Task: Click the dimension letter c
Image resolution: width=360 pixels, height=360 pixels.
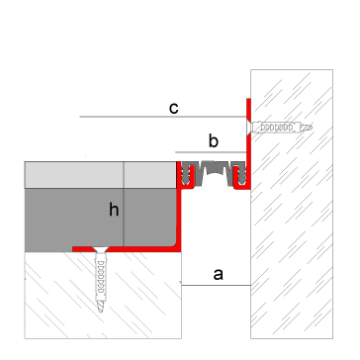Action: pyautogui.click(x=174, y=108)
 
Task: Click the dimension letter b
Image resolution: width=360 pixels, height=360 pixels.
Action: pyautogui.click(x=214, y=141)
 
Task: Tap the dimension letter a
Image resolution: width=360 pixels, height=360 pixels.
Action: pyautogui.click(x=219, y=274)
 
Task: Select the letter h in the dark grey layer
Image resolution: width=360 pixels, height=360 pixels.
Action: pyautogui.click(x=114, y=210)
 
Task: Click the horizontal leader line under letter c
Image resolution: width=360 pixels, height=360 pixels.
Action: pyautogui.click(x=163, y=117)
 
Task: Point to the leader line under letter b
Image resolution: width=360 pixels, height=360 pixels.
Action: pyautogui.click(x=211, y=152)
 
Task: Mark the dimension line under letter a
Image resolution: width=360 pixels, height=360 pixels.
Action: pyautogui.click(x=216, y=285)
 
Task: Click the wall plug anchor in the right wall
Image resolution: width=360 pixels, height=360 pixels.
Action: pyautogui.click(x=281, y=128)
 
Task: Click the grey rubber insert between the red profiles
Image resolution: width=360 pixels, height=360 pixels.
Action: pyautogui.click(x=213, y=173)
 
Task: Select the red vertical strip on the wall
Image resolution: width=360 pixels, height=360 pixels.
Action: pyautogui.click(x=248, y=143)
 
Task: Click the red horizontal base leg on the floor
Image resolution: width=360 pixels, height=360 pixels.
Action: pyautogui.click(x=127, y=249)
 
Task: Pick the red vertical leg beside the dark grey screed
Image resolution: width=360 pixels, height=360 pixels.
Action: pyautogui.click(x=179, y=219)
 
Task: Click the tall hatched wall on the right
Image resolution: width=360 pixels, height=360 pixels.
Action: pyautogui.click(x=292, y=204)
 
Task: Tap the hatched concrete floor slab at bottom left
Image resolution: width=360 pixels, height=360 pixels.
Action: pyautogui.click(x=103, y=295)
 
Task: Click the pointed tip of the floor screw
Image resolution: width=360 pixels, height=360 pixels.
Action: pyautogui.click(x=101, y=312)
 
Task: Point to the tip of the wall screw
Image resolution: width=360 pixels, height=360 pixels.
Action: pyautogui.click(x=311, y=128)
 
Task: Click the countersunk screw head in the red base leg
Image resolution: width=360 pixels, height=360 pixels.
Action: pyautogui.click(x=101, y=249)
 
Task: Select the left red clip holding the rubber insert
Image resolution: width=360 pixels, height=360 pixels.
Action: pyautogui.click(x=184, y=175)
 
